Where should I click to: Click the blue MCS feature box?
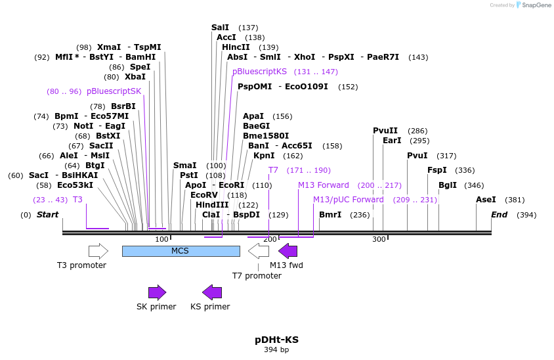tap(181, 251)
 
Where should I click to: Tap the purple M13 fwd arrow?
tap(288, 251)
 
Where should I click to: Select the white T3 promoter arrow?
tap(98, 251)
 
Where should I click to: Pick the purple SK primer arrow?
tap(157, 292)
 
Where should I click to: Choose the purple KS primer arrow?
tap(212, 292)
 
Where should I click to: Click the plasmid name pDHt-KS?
tap(276, 340)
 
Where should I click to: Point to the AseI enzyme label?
tap(486, 200)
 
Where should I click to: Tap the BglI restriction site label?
tap(448, 185)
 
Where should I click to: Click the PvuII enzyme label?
tap(385, 131)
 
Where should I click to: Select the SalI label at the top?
tap(221, 28)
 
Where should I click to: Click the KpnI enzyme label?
tap(264, 156)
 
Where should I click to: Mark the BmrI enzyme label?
tap(330, 215)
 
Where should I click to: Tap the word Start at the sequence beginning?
tap(47, 215)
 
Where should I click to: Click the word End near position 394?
tap(499, 215)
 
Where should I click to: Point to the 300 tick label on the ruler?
tap(379, 239)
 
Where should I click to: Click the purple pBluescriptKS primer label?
tap(259, 72)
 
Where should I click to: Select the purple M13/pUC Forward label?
tap(349, 200)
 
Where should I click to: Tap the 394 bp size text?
tap(276, 350)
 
